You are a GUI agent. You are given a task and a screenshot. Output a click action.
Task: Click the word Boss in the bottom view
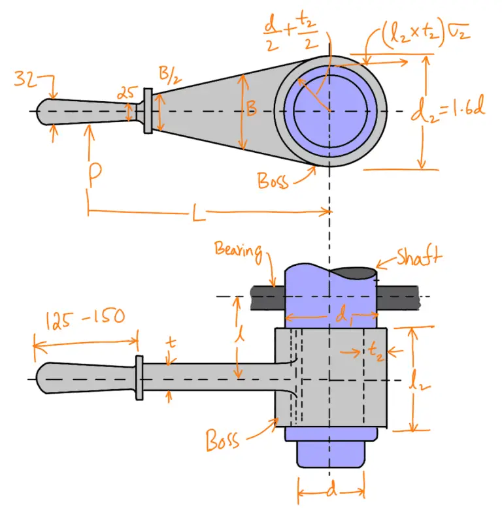click(222, 439)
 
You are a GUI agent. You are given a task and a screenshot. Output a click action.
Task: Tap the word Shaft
click(418, 257)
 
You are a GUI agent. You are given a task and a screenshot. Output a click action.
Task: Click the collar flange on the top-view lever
click(148, 112)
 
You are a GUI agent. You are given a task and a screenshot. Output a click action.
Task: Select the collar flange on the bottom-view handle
click(139, 378)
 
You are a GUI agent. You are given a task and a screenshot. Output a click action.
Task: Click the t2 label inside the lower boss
click(375, 353)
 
